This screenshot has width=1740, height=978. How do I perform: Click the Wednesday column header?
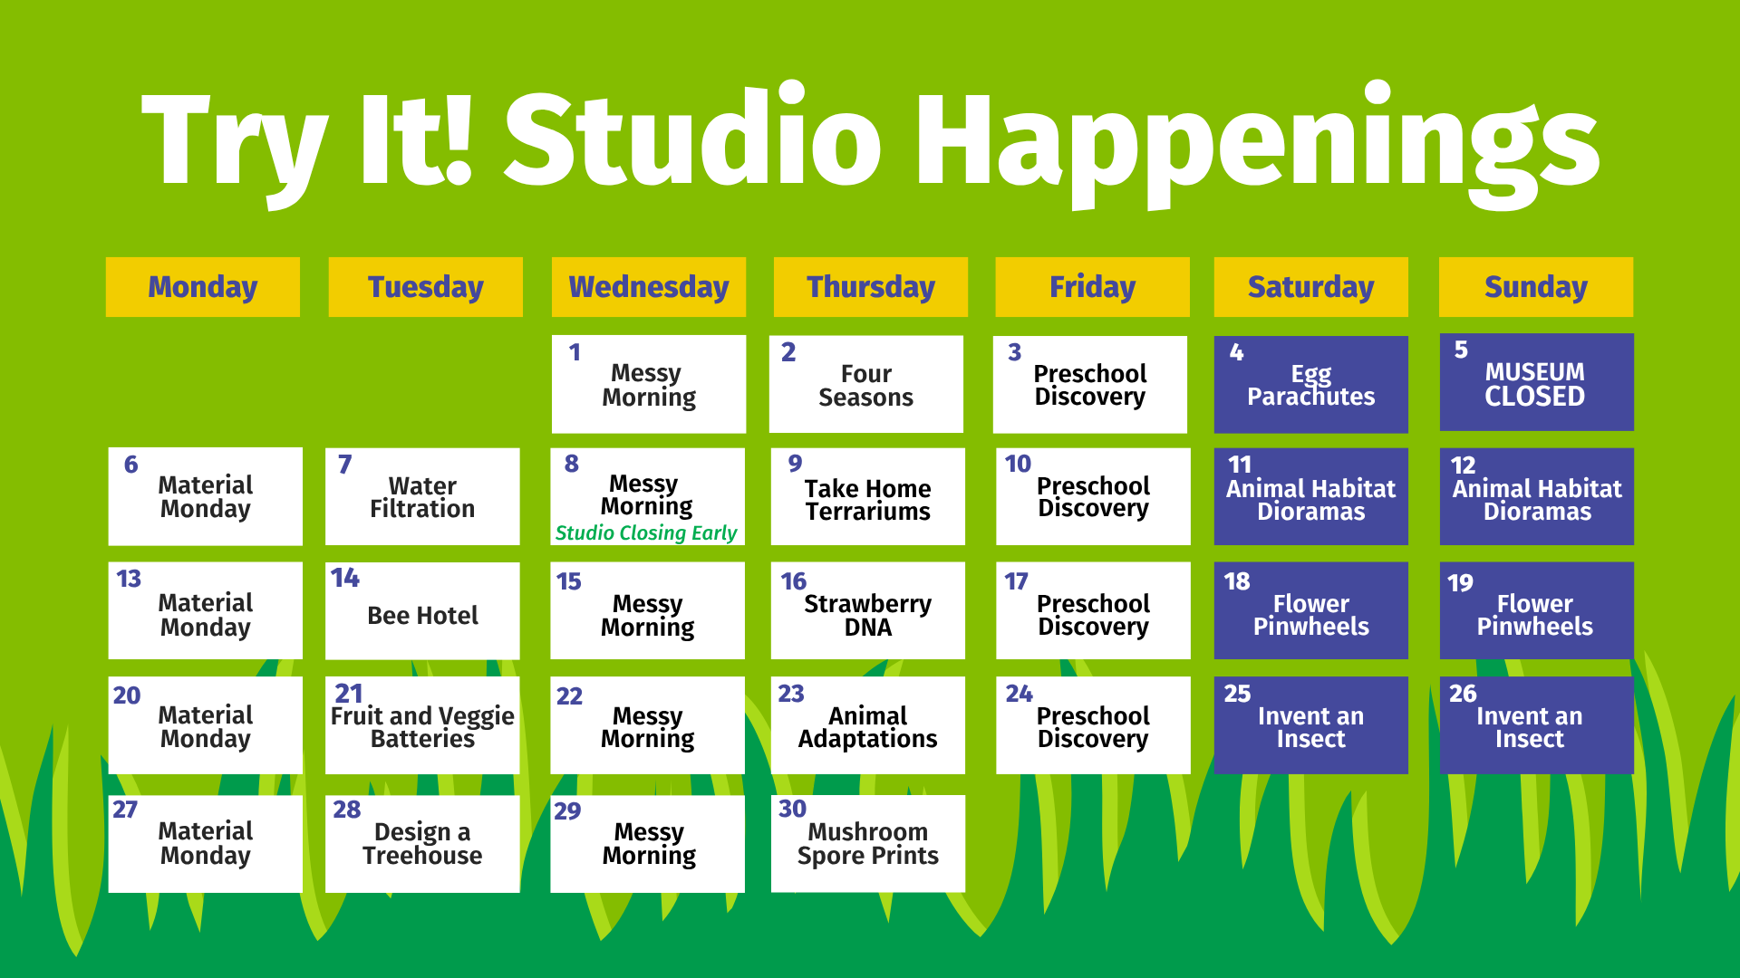pos(648,287)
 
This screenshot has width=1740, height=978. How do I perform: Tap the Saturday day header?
pos(1310,287)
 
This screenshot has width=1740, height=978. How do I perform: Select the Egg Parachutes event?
pos(1310,384)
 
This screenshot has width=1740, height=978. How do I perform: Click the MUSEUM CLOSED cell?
pos(1536,382)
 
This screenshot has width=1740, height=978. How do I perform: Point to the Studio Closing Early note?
pos(646,532)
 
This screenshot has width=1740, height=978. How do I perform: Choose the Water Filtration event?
pos(422,496)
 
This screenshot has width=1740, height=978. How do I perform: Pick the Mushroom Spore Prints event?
pos(867,844)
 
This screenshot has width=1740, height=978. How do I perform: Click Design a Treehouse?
pos(422,844)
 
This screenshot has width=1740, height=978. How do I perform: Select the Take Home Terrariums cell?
pos(867,496)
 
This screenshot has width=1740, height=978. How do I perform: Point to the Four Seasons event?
pos(865,384)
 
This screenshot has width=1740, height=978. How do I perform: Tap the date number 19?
pos(1460,583)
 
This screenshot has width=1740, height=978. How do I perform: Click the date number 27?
pos(125,810)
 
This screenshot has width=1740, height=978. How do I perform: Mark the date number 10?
pos(1018,464)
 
